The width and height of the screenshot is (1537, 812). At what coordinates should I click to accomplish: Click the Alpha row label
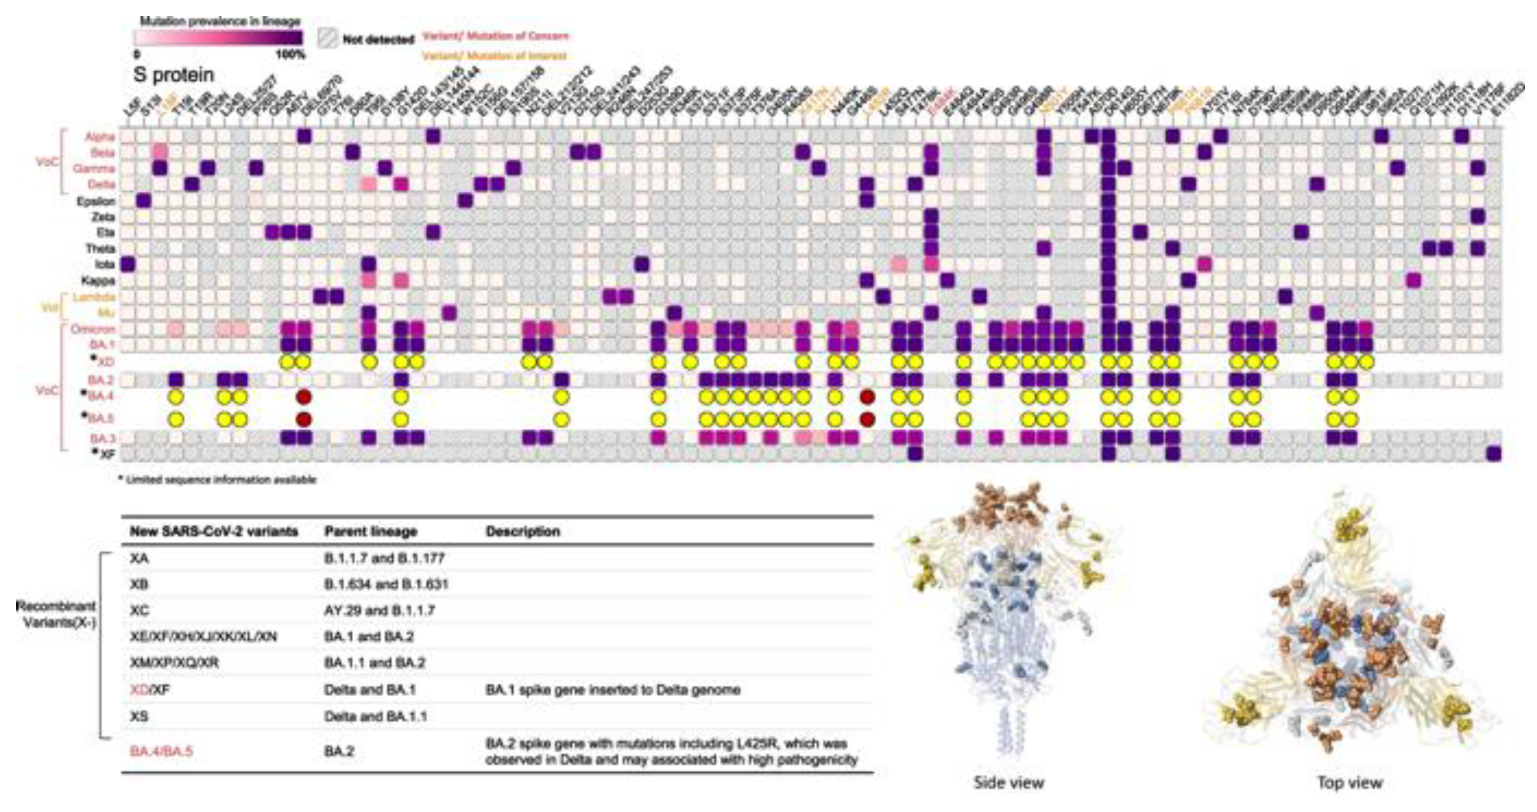tap(100, 137)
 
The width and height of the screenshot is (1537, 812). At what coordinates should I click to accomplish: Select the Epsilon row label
tap(96, 201)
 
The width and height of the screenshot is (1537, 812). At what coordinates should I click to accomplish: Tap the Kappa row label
tap(98, 280)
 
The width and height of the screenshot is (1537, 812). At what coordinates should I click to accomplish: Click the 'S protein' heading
tap(174, 75)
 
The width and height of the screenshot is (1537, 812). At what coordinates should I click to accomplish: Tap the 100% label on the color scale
tap(290, 55)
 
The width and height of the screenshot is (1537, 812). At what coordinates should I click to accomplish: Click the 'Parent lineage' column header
tap(371, 532)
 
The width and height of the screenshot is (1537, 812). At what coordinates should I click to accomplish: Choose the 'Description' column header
tap(523, 532)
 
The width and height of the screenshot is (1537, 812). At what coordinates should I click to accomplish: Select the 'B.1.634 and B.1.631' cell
tap(386, 584)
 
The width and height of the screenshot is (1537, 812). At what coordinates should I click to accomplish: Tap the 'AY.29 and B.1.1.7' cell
tap(379, 610)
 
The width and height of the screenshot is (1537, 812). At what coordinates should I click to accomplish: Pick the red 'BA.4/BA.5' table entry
tap(161, 751)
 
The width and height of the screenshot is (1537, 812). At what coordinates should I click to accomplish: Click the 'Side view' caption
tap(1008, 783)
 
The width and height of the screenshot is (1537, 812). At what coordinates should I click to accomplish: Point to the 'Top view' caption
tap(1350, 783)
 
